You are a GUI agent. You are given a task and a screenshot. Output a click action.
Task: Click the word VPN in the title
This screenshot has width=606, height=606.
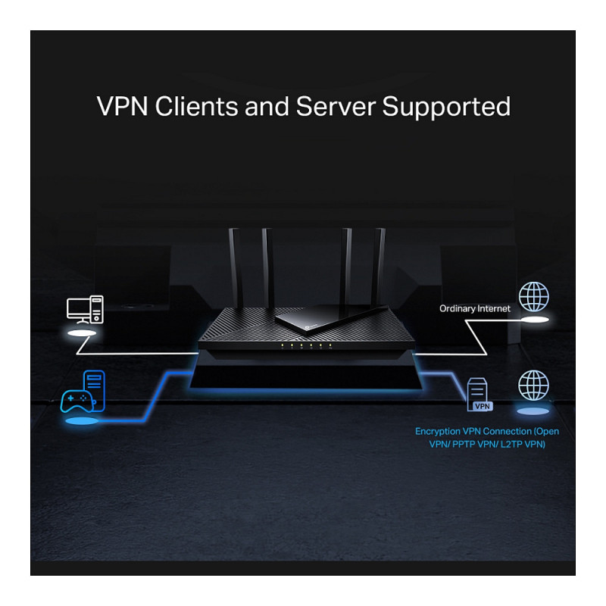pos(123,106)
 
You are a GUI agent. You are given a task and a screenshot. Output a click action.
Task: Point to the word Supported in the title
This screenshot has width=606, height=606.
pos(446,107)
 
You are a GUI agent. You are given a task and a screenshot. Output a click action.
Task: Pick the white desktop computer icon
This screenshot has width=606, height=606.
pos(84,308)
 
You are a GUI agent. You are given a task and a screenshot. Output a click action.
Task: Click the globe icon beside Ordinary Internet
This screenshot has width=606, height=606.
pos(533,296)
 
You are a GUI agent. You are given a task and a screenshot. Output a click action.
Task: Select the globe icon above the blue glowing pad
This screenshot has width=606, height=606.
pos(533,385)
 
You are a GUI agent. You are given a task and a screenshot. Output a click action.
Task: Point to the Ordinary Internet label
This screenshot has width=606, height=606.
pos(475,308)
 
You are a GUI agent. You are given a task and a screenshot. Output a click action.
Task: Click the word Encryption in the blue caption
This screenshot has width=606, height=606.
pos(440,431)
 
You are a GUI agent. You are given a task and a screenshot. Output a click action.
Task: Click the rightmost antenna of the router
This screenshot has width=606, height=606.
pos(380,265)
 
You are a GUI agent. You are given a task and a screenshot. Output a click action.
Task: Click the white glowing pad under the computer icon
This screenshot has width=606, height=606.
pos(83,333)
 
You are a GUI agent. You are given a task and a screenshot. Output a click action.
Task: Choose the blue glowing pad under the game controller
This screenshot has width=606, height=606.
pos(82,420)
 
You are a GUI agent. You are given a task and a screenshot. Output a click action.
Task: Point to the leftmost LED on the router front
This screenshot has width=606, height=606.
pos(282,346)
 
